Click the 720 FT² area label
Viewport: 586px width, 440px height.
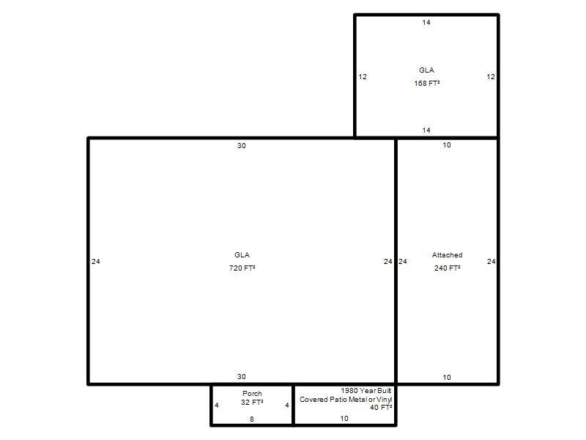click(x=242, y=268)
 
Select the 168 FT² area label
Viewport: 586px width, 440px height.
click(x=427, y=83)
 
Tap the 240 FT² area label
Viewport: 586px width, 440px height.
click(x=448, y=268)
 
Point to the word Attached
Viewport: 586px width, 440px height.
click(x=448, y=254)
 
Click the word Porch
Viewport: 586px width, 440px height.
click(x=252, y=393)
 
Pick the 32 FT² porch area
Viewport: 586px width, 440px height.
click(x=252, y=402)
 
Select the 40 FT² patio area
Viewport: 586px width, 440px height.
click(x=381, y=408)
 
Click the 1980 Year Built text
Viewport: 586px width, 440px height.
click(x=366, y=390)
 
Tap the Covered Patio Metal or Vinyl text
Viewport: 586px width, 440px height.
click(x=346, y=399)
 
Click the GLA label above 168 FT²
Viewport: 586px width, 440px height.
click(x=426, y=70)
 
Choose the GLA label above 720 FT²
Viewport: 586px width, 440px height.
click(x=242, y=254)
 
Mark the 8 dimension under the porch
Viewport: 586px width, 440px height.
click(x=252, y=419)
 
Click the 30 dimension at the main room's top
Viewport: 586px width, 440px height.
click(x=242, y=145)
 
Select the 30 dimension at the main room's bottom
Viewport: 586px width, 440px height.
click(x=242, y=377)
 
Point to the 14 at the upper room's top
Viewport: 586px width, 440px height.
click(x=426, y=23)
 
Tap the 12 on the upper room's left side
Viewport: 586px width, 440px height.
click(x=363, y=77)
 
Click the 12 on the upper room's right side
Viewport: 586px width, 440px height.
click(x=491, y=77)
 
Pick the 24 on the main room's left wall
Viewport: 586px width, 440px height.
click(x=96, y=262)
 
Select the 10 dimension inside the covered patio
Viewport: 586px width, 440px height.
click(x=344, y=418)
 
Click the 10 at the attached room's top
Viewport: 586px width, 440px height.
click(x=447, y=144)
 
